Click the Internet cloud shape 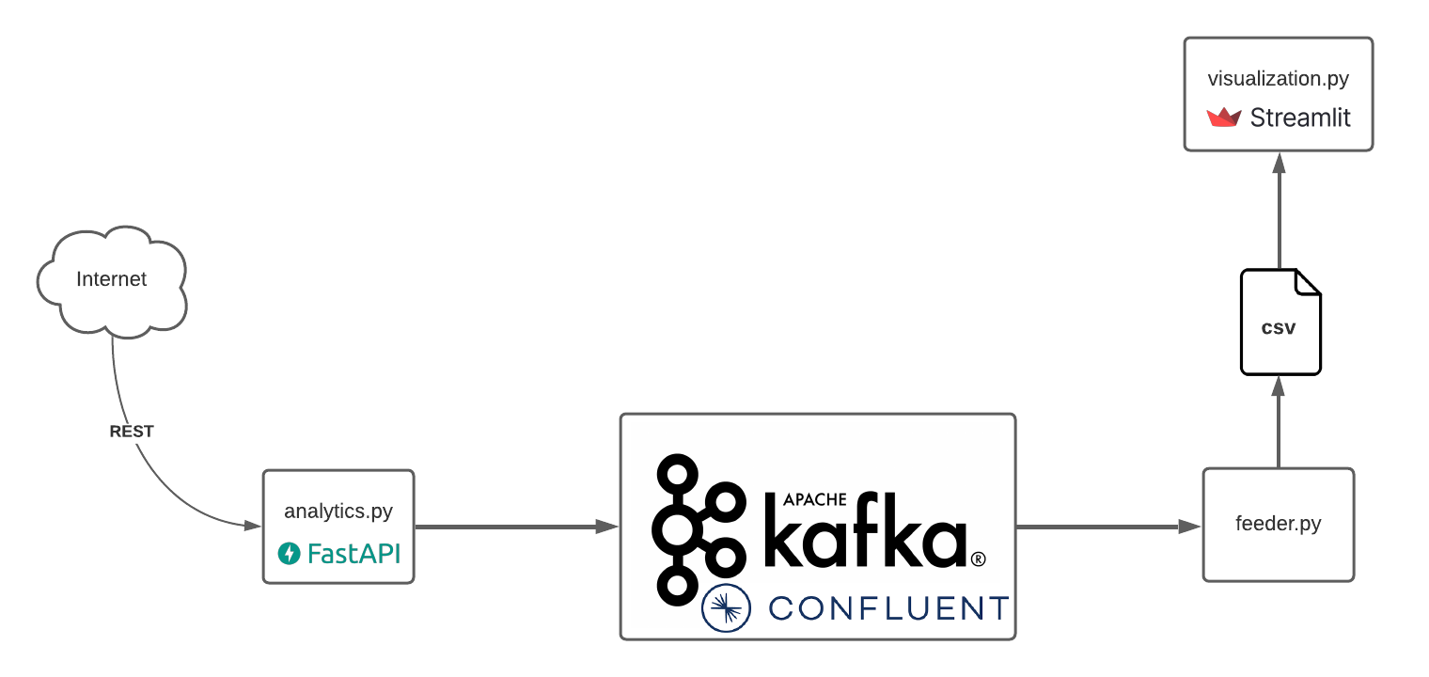click(112, 279)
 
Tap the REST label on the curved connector click(132, 432)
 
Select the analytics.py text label click(338, 512)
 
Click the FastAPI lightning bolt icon click(289, 554)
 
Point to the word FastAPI click(353, 554)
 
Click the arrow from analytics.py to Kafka click(516, 527)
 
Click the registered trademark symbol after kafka click(978, 559)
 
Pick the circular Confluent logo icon click(726, 607)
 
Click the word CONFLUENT click(888, 608)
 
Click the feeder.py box click(1279, 525)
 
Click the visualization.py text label click(1279, 78)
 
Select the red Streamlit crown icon click(1224, 118)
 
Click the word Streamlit click(1300, 118)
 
